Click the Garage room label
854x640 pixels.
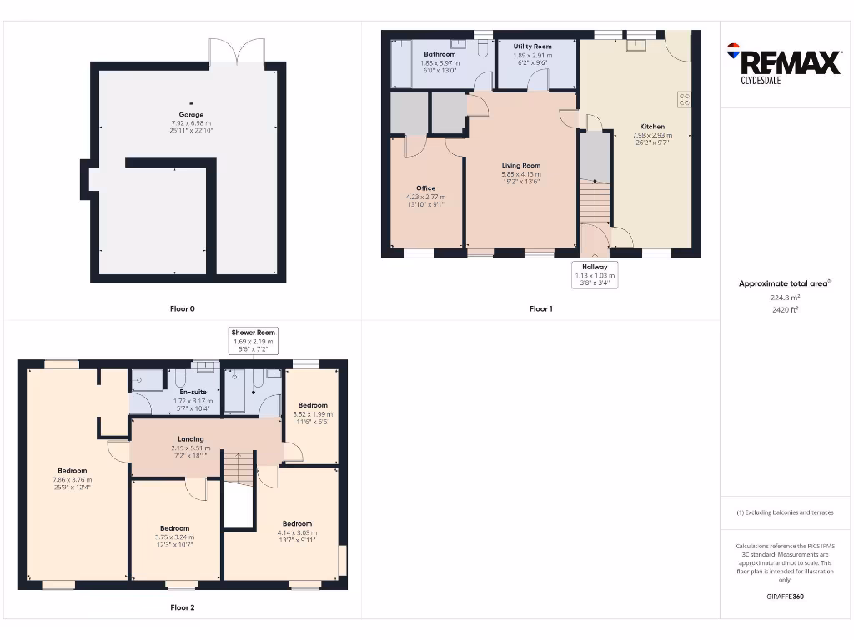(x=191, y=115)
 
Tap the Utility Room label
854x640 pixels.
(x=532, y=47)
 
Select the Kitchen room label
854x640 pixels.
(x=648, y=127)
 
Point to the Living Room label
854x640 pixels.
(x=521, y=166)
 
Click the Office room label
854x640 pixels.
(x=425, y=188)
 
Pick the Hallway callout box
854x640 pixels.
(x=595, y=274)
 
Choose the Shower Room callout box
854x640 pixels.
(x=254, y=340)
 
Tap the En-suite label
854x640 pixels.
(x=193, y=392)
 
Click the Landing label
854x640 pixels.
(x=191, y=439)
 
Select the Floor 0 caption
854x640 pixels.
(x=183, y=309)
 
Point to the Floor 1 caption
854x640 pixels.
(x=540, y=309)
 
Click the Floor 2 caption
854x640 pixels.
(x=183, y=608)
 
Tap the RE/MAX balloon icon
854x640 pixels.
(x=734, y=51)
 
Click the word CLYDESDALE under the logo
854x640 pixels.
(x=761, y=82)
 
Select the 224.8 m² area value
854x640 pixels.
(x=785, y=297)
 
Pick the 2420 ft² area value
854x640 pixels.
(x=785, y=309)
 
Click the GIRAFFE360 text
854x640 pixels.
(x=785, y=597)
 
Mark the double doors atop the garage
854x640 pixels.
(x=238, y=52)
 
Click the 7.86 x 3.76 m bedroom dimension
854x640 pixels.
(x=73, y=480)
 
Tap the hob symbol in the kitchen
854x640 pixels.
(x=685, y=99)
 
